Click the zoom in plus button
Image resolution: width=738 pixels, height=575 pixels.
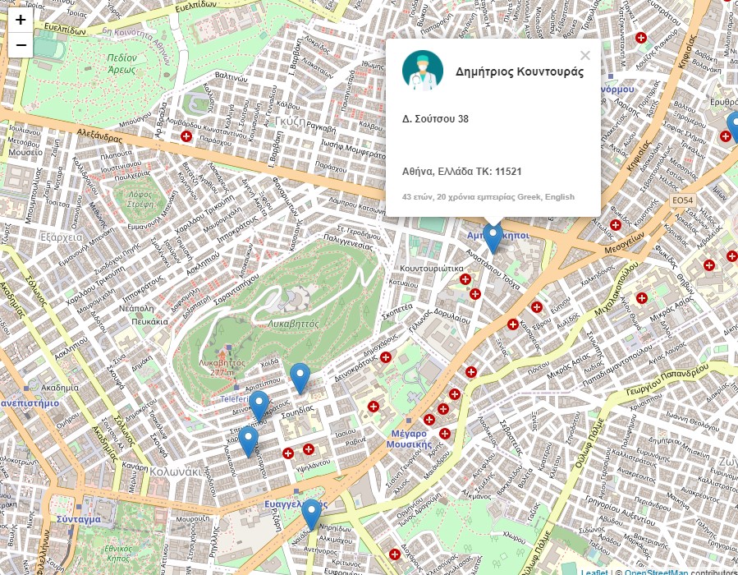[x=21, y=21]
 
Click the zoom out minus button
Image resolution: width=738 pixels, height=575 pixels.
[x=21, y=45]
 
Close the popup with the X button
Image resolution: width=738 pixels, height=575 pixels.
[x=584, y=56]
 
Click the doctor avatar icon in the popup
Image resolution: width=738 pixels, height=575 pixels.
[x=423, y=71]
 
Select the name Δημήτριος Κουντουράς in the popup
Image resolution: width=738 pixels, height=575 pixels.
[x=520, y=71]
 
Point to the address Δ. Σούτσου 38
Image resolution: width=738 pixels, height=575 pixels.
[x=435, y=119]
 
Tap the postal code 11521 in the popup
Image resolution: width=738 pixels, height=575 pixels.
[x=509, y=172]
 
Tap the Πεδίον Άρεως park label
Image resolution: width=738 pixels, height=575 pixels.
[x=132, y=63]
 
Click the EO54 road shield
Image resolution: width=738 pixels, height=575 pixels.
[x=682, y=200]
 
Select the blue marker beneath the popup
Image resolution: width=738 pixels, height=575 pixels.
[x=493, y=238]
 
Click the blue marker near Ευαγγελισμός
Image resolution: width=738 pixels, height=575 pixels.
[x=310, y=515]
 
